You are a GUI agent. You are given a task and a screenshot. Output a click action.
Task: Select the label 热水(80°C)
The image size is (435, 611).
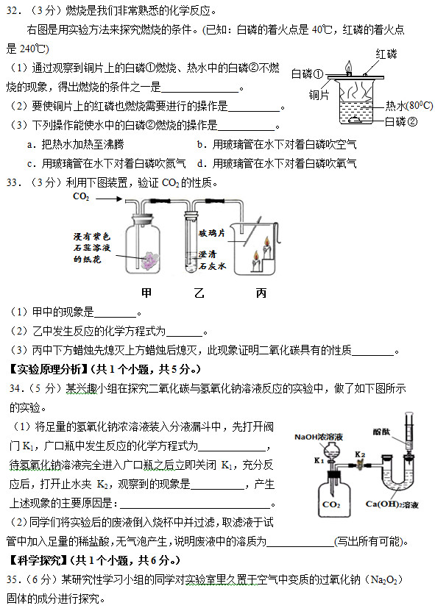tap(408, 106)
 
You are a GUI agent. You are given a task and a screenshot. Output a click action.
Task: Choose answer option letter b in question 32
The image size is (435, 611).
tap(201, 144)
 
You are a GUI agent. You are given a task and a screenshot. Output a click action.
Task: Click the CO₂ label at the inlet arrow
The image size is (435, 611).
tap(81, 197)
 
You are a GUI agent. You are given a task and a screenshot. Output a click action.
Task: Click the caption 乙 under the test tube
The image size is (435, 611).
tap(198, 293)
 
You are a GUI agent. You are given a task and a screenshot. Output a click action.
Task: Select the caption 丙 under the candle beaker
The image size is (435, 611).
tap(261, 293)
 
